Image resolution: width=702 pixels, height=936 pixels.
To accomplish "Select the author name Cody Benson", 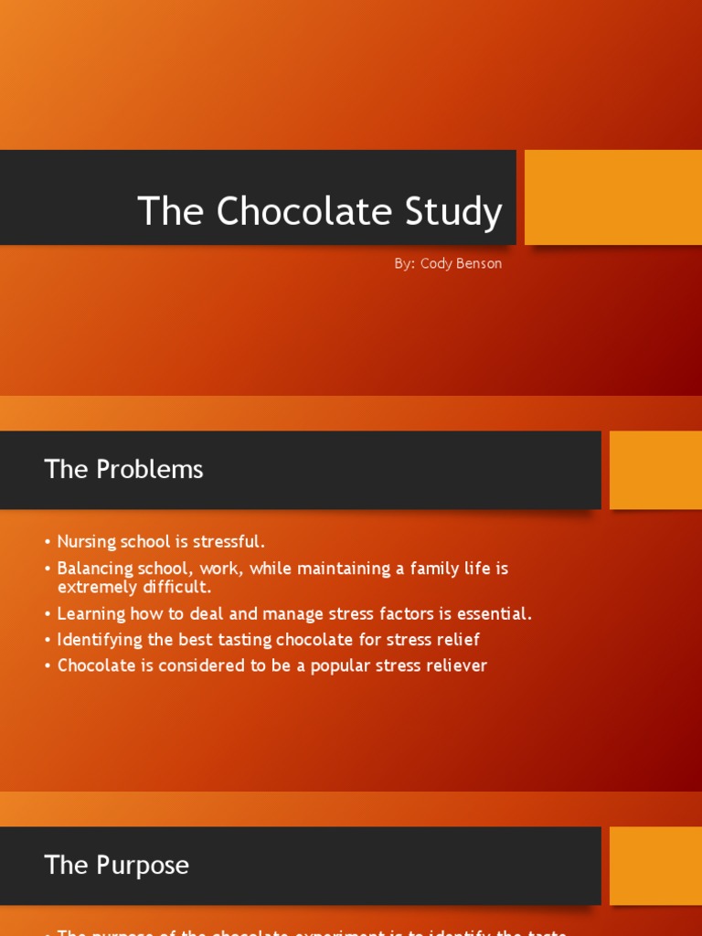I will click(x=461, y=263).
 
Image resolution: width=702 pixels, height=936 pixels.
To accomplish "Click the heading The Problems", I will click(x=123, y=469).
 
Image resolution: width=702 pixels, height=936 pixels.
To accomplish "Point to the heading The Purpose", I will click(x=116, y=865).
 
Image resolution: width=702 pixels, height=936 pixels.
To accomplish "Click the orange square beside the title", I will click(x=612, y=197).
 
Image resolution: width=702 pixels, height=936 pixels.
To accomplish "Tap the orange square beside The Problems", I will click(x=655, y=470).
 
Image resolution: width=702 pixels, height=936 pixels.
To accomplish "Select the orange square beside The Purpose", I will click(x=655, y=866).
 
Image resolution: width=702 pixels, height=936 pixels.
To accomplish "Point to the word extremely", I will click(x=93, y=587).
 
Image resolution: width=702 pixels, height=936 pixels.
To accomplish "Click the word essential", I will click(x=495, y=614).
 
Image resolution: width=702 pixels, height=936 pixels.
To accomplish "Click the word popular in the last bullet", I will click(x=342, y=665).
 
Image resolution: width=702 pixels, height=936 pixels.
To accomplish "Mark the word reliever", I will click(x=454, y=665).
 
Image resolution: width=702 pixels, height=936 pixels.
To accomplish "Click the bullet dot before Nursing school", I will click(x=48, y=543).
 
